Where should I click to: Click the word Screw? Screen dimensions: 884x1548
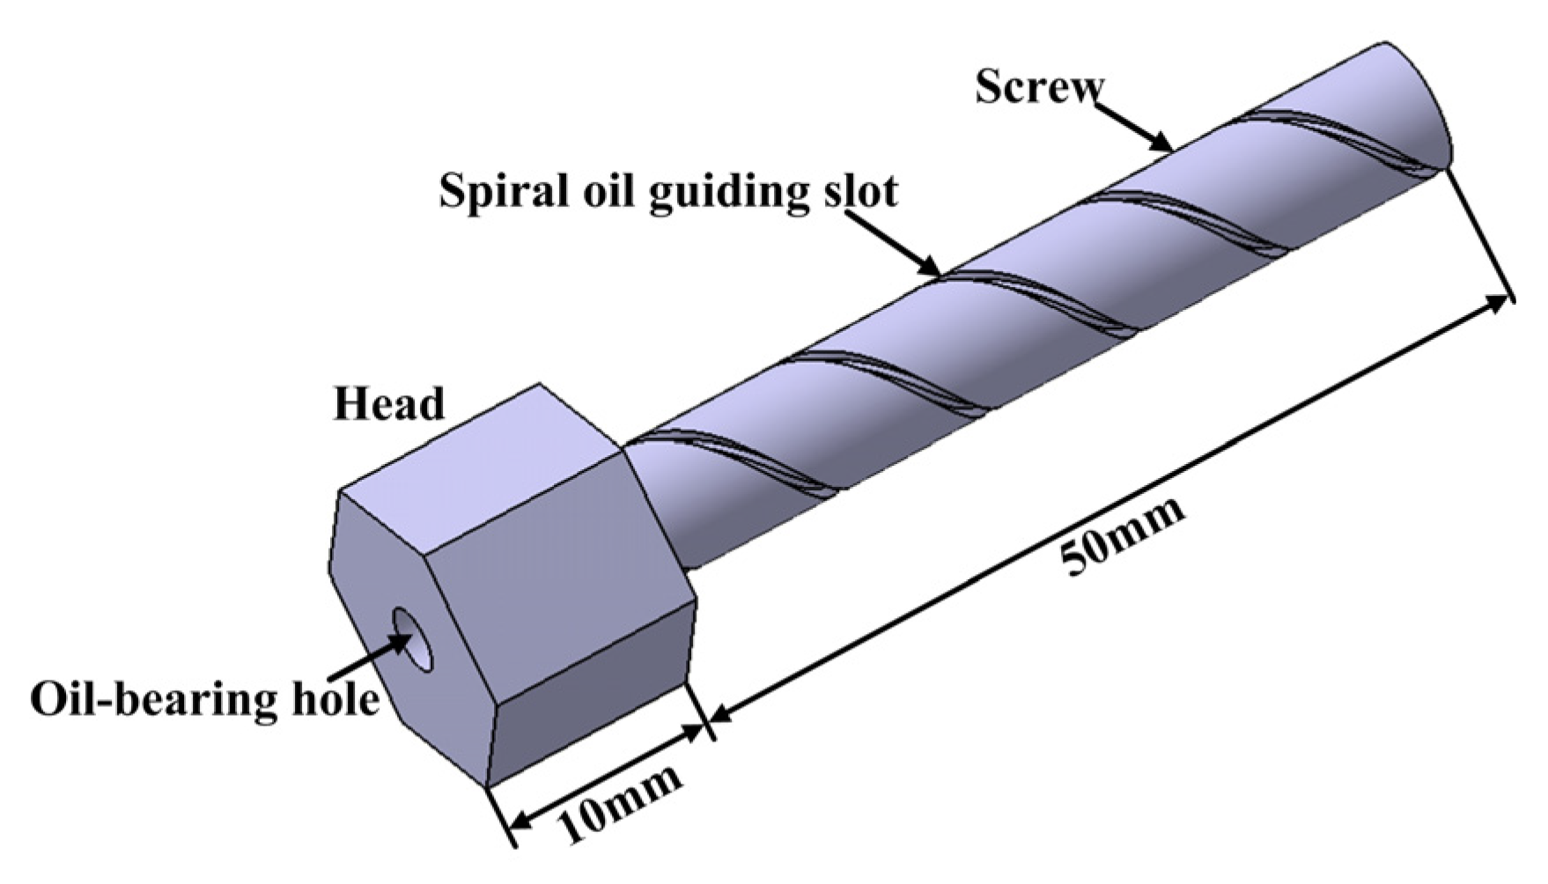point(1038,88)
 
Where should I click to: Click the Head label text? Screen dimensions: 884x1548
point(388,404)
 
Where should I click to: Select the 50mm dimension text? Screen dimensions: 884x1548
point(1122,538)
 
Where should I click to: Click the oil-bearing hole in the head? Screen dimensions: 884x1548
point(416,639)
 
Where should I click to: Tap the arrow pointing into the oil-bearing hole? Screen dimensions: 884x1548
point(401,644)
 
